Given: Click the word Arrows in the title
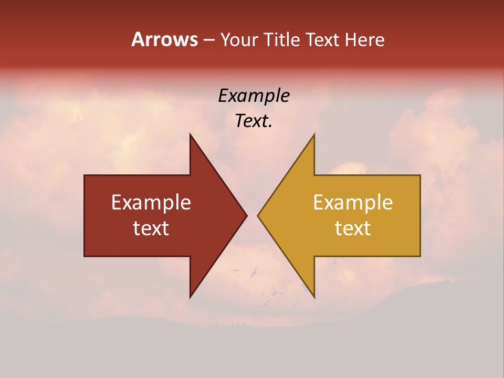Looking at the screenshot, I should pyautogui.click(x=164, y=39).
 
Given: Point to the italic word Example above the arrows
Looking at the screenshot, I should pyautogui.click(x=254, y=96).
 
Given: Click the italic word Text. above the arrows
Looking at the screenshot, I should pyautogui.click(x=254, y=121).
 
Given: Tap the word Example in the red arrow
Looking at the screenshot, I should pyautogui.click(x=151, y=203).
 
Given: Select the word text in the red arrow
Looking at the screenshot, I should pyautogui.click(x=151, y=228).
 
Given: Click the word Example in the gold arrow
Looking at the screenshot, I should pyautogui.click(x=353, y=203).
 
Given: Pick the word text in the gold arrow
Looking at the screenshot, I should pyautogui.click(x=353, y=228).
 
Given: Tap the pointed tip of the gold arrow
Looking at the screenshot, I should pyautogui.click(x=258, y=215).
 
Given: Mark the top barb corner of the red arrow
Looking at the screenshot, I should pyautogui.click(x=190, y=134).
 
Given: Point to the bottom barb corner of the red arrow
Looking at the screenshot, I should pyautogui.click(x=190, y=297).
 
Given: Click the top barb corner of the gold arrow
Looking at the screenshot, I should pyautogui.click(x=314, y=134).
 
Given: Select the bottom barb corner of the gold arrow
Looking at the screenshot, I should pyautogui.click(x=314, y=297).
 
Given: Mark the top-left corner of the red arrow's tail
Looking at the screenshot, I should pyautogui.click(x=85, y=175).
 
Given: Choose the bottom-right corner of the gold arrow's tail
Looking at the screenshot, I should pyautogui.click(x=420, y=256).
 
